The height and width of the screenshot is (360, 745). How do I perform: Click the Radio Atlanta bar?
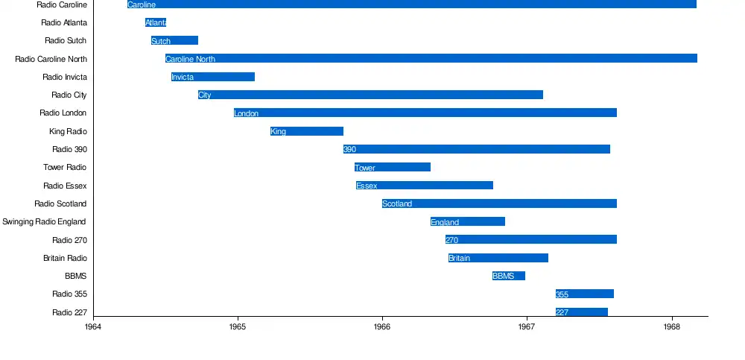[156, 22]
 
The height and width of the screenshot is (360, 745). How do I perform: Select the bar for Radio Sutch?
[174, 40]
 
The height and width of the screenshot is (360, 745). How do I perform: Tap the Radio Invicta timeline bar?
[213, 77]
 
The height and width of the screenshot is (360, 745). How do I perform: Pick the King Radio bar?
[307, 131]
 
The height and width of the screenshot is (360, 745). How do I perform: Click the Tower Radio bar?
[393, 167]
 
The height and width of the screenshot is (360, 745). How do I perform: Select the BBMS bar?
[509, 276]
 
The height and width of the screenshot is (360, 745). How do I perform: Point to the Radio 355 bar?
[585, 294]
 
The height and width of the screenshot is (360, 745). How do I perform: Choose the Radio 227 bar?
[582, 312]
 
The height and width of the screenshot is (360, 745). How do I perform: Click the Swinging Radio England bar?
[468, 221]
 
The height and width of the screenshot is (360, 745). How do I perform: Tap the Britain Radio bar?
[498, 258]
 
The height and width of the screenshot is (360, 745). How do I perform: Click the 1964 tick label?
[93, 326]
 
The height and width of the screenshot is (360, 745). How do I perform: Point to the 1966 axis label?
[382, 326]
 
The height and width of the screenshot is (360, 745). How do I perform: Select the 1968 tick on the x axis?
[671, 326]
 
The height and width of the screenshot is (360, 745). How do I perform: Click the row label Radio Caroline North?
[51, 59]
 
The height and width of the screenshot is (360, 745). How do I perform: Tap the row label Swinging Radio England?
[44, 221]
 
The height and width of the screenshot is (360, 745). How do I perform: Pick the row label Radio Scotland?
[60, 203]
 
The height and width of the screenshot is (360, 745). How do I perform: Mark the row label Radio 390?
[69, 149]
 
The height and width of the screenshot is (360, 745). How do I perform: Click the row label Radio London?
[63, 113]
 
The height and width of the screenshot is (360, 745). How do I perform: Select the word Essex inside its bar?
[367, 186]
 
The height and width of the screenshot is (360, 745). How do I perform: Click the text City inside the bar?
[205, 95]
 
